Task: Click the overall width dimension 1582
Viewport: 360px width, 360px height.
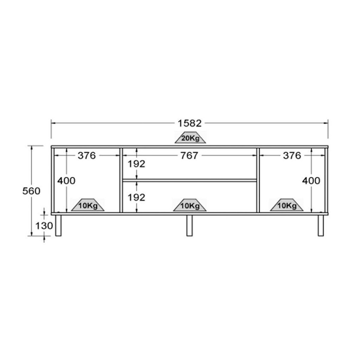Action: (189, 123)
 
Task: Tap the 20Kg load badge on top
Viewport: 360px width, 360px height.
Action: (190, 137)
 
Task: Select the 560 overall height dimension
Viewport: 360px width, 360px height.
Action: (31, 191)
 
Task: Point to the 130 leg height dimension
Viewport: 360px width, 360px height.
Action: (44, 226)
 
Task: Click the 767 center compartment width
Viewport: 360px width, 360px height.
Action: (189, 155)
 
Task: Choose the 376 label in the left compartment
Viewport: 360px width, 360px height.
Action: (86, 155)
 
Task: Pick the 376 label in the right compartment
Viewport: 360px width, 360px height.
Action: (292, 155)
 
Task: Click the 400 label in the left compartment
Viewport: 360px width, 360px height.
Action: (66, 181)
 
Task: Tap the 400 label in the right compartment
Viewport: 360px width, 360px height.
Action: (311, 181)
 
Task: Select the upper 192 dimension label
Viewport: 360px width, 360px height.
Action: (136, 164)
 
